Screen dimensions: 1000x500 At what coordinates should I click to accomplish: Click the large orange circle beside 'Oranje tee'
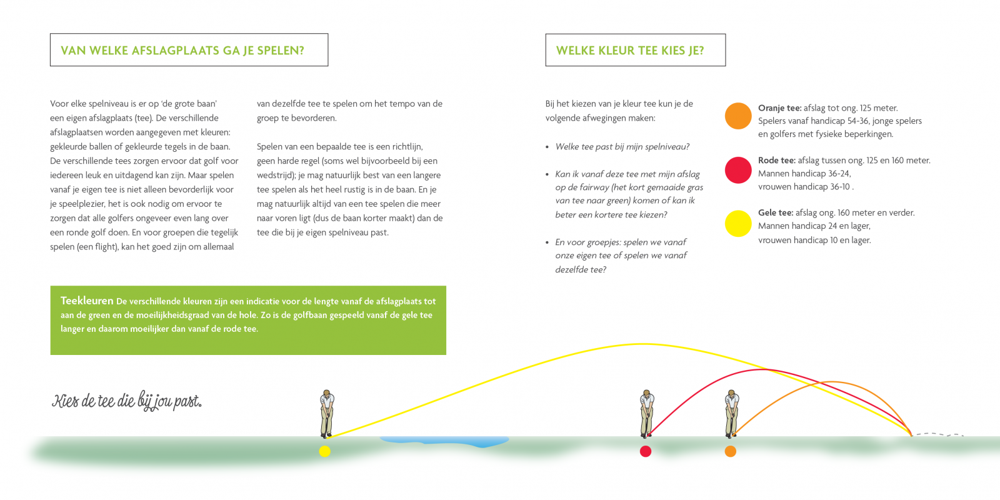pyautogui.click(x=738, y=116)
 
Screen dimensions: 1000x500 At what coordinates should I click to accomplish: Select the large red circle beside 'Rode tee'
pyautogui.click(x=738, y=170)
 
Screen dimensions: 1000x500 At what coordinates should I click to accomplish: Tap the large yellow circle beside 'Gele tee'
pyautogui.click(x=738, y=223)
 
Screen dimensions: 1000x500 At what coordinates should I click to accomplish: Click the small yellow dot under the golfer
pyautogui.click(x=324, y=451)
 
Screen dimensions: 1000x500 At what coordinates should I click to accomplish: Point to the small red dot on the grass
pyautogui.click(x=646, y=451)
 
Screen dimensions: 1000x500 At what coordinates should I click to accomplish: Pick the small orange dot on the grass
pyautogui.click(x=731, y=451)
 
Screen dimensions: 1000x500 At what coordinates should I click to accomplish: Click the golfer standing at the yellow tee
pyautogui.click(x=327, y=414)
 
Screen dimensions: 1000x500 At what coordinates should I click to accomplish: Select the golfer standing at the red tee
pyautogui.click(x=646, y=414)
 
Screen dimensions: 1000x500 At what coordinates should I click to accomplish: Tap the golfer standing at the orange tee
pyautogui.click(x=731, y=414)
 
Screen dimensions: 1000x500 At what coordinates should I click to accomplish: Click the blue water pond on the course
pyautogui.click(x=444, y=441)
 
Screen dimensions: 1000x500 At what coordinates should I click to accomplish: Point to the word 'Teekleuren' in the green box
pyautogui.click(x=87, y=301)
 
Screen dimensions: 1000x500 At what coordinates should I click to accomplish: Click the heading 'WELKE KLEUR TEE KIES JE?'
pyautogui.click(x=630, y=51)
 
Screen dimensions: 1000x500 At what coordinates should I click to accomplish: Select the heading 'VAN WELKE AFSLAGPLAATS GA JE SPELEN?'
pyautogui.click(x=182, y=51)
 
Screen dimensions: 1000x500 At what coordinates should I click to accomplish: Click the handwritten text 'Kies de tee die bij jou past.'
pyautogui.click(x=127, y=401)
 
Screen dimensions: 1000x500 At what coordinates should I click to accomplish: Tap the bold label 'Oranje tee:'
pyautogui.click(x=779, y=108)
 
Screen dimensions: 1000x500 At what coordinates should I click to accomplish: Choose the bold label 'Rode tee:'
pyautogui.click(x=777, y=160)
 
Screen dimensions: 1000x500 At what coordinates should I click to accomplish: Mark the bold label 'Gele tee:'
pyautogui.click(x=776, y=213)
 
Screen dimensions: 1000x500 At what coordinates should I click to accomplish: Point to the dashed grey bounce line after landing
pyautogui.click(x=937, y=434)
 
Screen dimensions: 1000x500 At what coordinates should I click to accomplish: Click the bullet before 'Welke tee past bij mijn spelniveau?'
pyautogui.click(x=547, y=147)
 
